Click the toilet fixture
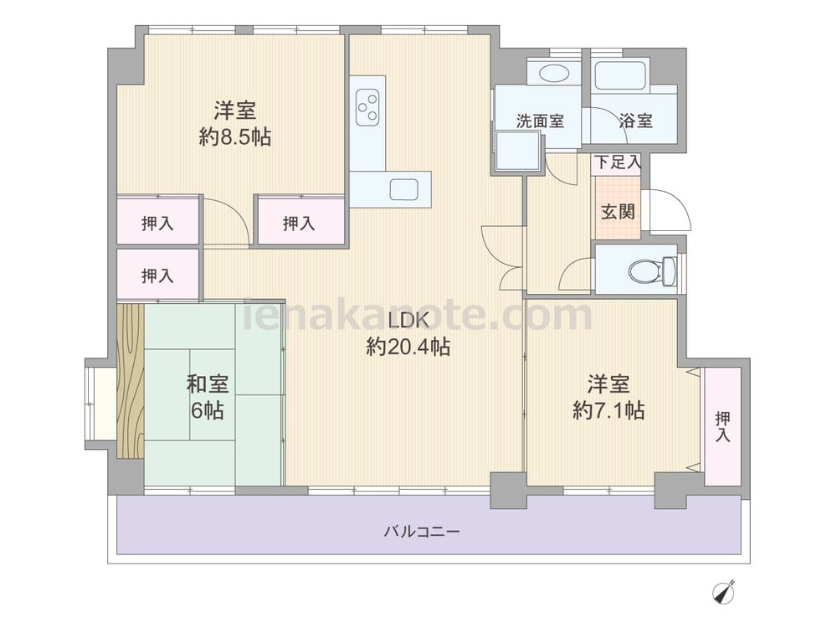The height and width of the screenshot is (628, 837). [652, 270]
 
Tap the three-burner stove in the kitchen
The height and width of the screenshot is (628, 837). [367, 107]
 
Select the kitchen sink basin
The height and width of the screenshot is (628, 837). [403, 189]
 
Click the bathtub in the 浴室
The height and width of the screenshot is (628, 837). [620, 75]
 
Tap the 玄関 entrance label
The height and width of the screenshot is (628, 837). [618, 212]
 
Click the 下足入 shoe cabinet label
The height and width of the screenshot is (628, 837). [618, 162]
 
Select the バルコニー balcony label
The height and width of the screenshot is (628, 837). [422, 532]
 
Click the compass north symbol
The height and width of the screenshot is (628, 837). [724, 592]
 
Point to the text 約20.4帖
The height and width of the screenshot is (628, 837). [408, 347]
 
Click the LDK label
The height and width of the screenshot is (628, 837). [408, 321]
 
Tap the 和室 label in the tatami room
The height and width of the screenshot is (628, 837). [207, 384]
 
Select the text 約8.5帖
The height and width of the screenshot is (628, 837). [235, 137]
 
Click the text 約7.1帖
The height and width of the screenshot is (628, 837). [608, 410]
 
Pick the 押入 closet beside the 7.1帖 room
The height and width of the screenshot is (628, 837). [723, 426]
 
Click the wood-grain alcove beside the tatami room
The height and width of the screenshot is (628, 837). [131, 381]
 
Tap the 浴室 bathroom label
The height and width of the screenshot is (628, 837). [636, 121]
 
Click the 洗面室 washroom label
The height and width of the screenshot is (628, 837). [540, 121]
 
